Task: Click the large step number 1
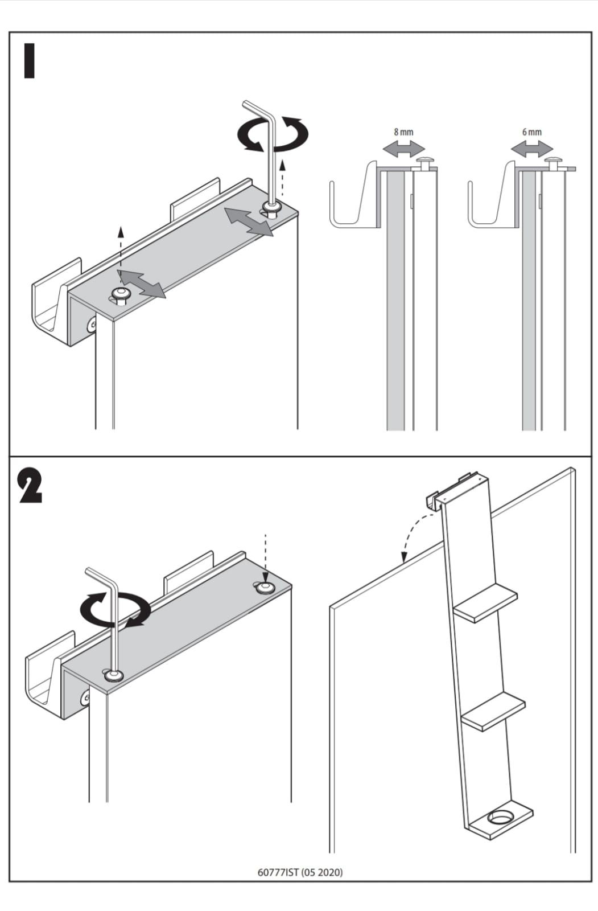[29, 60]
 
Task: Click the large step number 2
[30, 486]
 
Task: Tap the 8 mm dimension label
[403, 132]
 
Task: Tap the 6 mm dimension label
[531, 132]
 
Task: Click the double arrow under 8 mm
[403, 149]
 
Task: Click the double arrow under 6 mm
[531, 149]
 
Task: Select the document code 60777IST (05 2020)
[300, 872]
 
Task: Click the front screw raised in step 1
[120, 294]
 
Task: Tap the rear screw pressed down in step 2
[263, 587]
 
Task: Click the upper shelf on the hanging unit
[487, 602]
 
